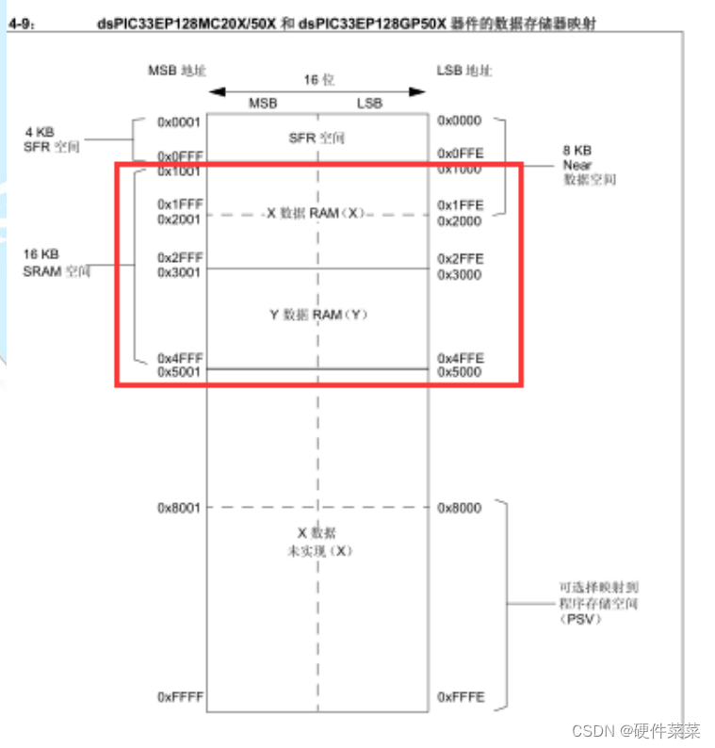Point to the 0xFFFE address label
point(460,697)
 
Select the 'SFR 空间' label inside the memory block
point(317,138)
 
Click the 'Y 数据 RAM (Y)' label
point(318,314)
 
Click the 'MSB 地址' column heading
point(176,72)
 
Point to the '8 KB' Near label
point(577,151)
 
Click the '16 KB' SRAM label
point(41,254)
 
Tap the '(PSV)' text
point(578,619)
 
